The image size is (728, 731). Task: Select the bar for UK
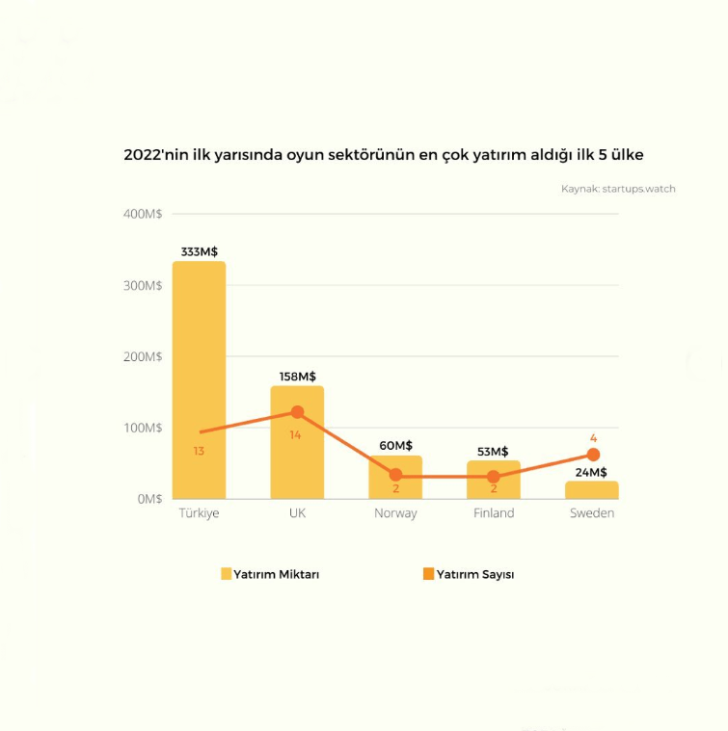[297, 453]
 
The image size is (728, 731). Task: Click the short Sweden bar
[592, 490]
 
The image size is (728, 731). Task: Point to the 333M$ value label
[200, 252]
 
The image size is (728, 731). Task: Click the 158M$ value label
[297, 377]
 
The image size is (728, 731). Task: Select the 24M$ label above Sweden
[591, 472]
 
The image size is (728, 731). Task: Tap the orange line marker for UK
[297, 412]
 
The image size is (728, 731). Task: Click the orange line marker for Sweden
[593, 455]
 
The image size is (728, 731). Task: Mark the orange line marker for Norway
[395, 475]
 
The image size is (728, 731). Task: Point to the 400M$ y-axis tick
[143, 214]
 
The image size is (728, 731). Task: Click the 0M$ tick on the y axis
[149, 499]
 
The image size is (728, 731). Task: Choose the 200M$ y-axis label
[143, 356]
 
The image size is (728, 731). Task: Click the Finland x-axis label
[494, 513]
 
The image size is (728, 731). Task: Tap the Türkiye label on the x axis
[199, 513]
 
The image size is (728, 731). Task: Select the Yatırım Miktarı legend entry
[270, 574]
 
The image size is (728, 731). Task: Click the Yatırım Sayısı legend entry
[469, 574]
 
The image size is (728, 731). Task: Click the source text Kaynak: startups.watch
[618, 189]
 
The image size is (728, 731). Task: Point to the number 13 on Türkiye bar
[199, 451]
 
